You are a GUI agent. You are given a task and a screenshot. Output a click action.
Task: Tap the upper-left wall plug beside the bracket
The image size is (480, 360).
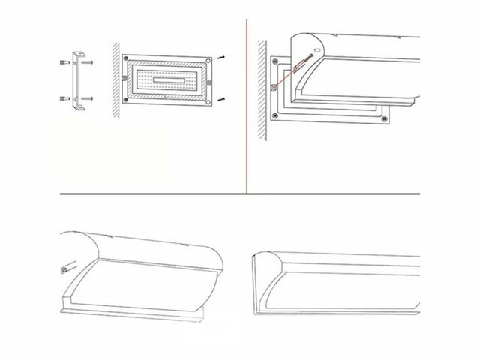pyautogui.click(x=64, y=63)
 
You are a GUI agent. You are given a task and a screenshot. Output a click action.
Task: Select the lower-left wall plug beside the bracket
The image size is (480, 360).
pyautogui.click(x=64, y=98)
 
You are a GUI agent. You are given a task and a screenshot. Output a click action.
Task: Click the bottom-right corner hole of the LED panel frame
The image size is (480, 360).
pyautogui.click(x=208, y=100)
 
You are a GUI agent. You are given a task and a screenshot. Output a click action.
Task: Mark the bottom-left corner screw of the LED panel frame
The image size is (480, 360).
pyautogui.click(x=125, y=100)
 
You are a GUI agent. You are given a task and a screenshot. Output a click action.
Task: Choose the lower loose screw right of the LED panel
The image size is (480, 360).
pyautogui.click(x=223, y=99)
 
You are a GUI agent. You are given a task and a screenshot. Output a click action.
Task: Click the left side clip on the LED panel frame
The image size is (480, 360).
pyautogui.click(x=123, y=79)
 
